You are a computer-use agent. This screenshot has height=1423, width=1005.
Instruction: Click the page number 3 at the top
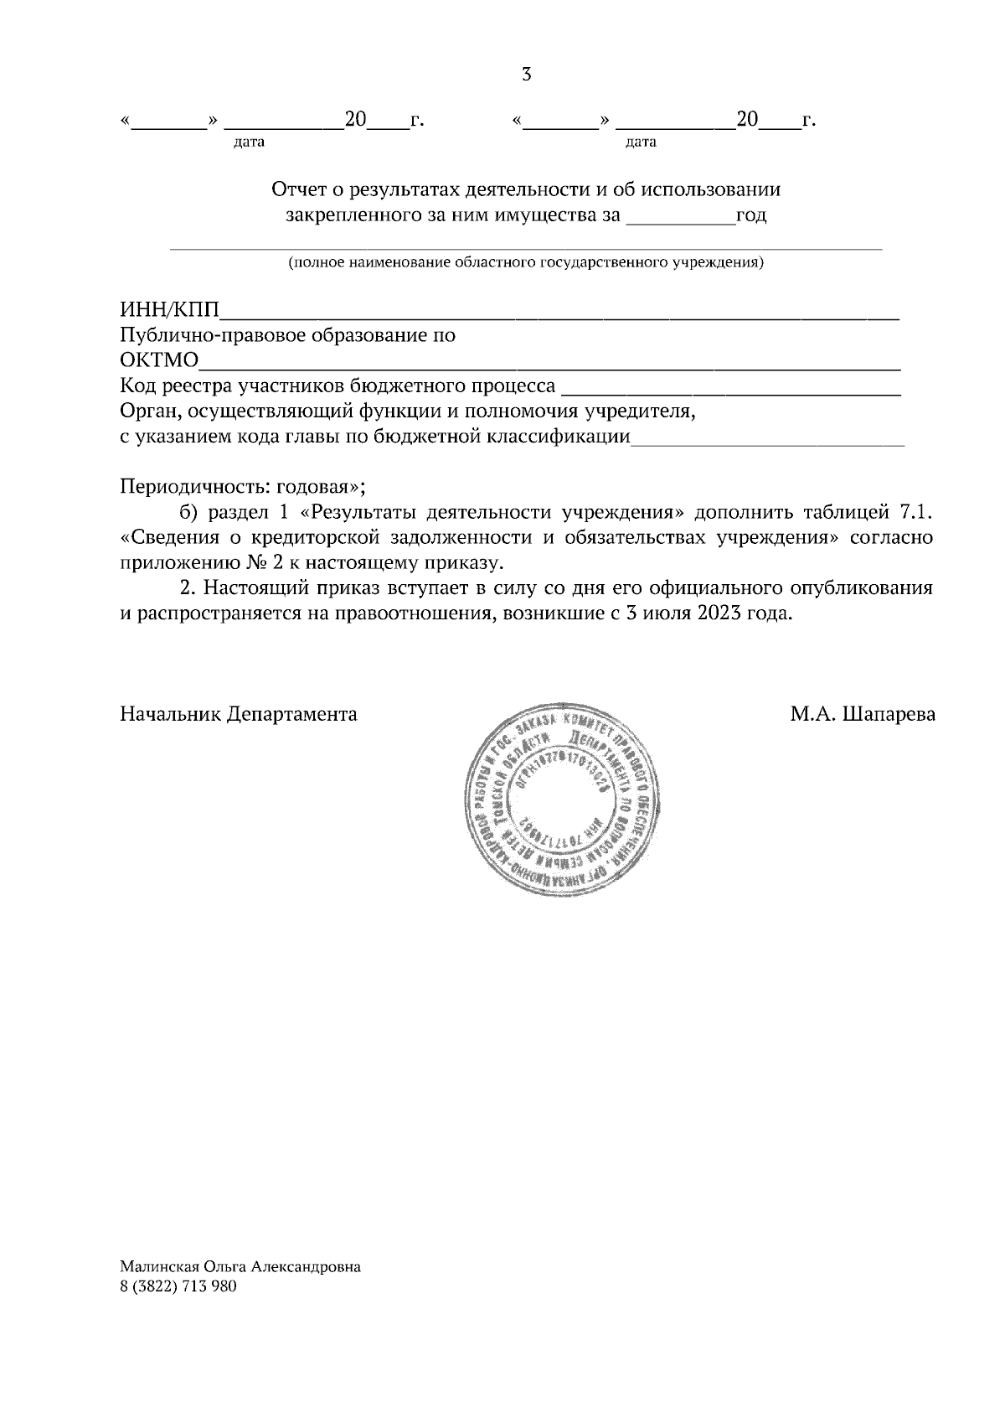click(x=527, y=75)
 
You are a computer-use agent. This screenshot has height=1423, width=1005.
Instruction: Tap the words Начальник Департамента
click(x=239, y=715)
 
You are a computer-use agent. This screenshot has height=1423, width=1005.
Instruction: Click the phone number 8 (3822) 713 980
click(x=178, y=1286)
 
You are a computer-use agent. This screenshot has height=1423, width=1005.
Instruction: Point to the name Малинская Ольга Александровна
click(x=240, y=1267)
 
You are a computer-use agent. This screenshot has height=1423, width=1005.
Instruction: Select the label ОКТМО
click(x=159, y=361)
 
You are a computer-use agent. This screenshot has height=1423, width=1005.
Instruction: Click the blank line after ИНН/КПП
click(x=559, y=315)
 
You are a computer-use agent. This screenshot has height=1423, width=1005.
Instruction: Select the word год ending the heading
click(x=751, y=216)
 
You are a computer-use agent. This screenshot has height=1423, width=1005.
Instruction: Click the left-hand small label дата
click(x=249, y=142)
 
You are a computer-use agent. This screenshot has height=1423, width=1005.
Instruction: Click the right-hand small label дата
click(x=641, y=142)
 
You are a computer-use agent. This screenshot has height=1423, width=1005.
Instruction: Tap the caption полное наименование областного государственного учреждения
click(x=526, y=263)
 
